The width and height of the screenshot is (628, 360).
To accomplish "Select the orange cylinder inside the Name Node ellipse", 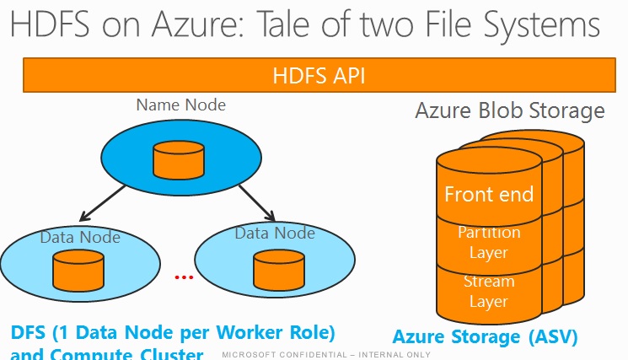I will click(178, 159).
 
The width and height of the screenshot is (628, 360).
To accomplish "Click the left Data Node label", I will click(80, 237).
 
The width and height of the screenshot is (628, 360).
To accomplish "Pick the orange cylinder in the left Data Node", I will click(78, 268).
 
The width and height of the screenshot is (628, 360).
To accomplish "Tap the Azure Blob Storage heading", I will click(510, 110).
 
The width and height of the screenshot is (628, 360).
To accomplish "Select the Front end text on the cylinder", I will click(489, 194).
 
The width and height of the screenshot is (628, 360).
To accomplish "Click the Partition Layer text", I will click(489, 241).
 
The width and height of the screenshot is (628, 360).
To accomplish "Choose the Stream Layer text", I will click(489, 291).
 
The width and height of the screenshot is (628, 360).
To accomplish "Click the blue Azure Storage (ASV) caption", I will click(485, 337).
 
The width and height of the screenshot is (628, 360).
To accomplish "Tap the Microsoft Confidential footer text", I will click(325, 355).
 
